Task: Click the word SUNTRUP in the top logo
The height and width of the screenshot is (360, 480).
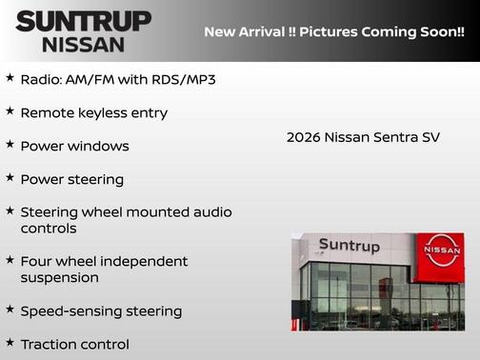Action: point(84,21)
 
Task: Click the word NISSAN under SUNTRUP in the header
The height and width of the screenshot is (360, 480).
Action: point(84,44)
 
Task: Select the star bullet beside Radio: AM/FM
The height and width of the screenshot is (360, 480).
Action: point(10,76)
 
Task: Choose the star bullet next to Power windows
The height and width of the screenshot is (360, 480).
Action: point(10,144)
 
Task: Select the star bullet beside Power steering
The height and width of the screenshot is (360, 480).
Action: point(10,177)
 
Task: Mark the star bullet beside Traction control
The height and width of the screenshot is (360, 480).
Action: point(10,341)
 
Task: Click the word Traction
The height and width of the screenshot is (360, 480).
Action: point(48,344)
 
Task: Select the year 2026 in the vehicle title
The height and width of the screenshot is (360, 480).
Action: point(304,137)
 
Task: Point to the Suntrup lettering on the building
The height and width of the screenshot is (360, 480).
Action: point(349,246)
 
